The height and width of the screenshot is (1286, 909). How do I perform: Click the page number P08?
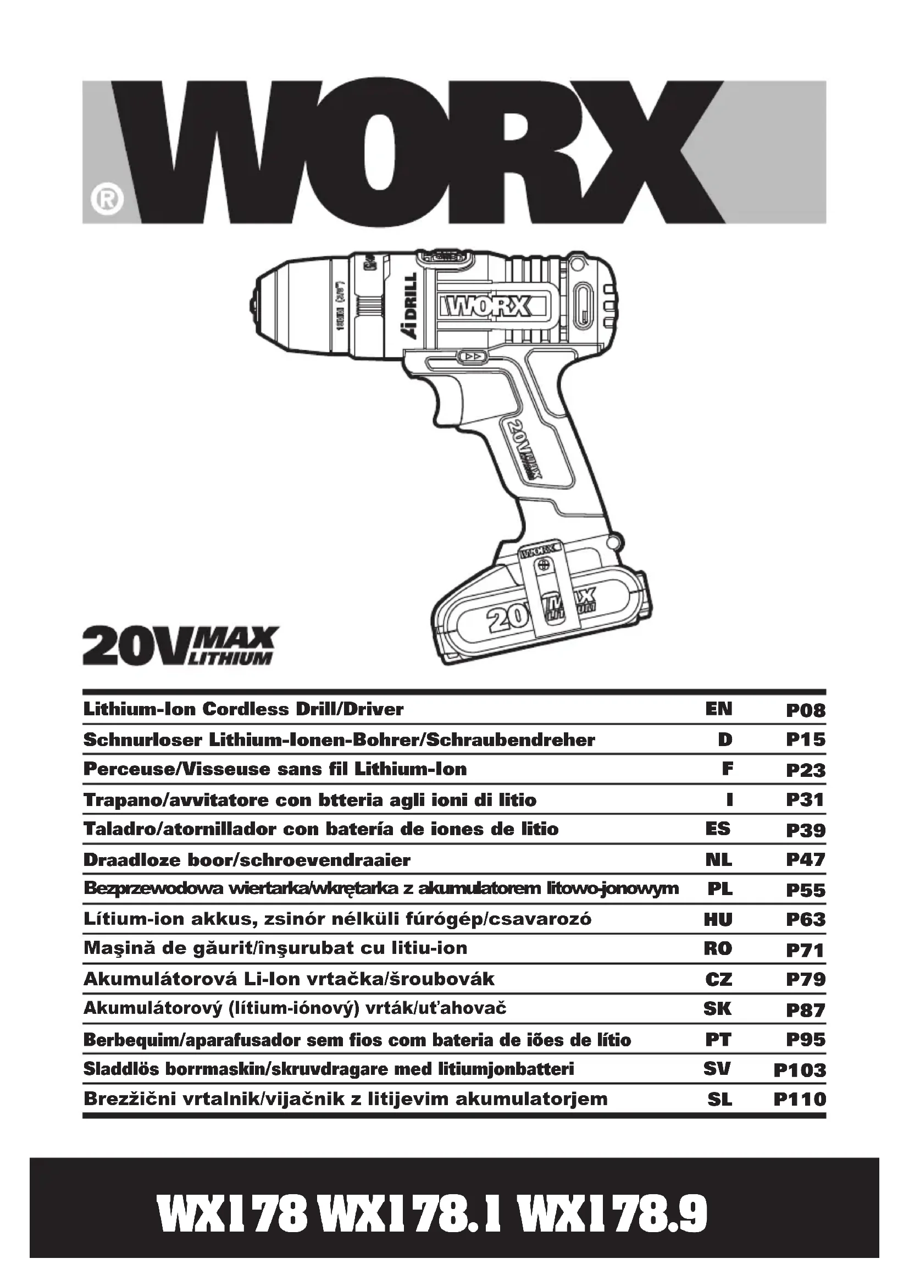point(806,711)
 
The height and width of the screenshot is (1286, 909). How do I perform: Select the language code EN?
point(719,709)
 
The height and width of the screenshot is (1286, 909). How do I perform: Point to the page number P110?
point(800,1100)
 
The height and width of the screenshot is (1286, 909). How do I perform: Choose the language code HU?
point(718,920)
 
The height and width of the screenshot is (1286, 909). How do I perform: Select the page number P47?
point(806,860)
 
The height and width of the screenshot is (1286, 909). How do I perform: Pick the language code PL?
point(719,890)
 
